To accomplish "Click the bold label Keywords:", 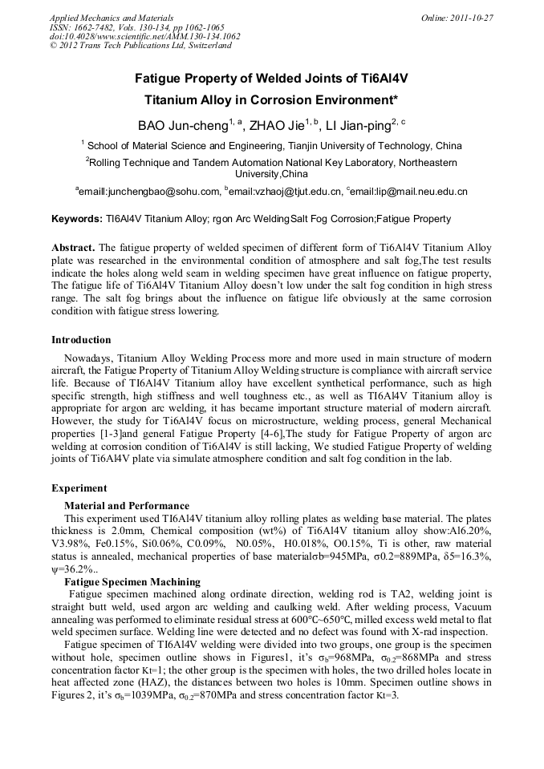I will coord(77,219).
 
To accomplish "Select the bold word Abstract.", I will coord(73,248).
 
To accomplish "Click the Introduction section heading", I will coord(81,340).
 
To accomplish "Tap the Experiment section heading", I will coord(79,488).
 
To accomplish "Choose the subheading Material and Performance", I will coord(127,506).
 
